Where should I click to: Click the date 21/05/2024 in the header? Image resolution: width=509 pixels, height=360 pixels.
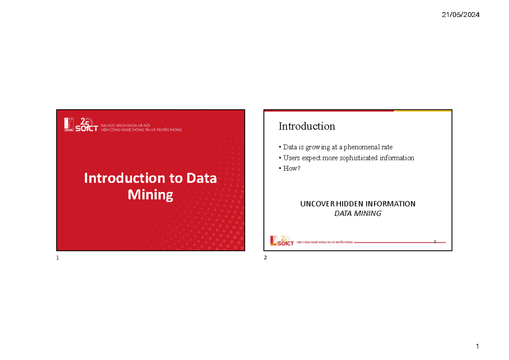[x=461, y=15]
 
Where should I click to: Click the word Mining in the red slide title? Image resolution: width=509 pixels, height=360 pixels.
[x=150, y=195]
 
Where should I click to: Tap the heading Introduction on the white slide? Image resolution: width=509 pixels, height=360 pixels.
[x=307, y=126]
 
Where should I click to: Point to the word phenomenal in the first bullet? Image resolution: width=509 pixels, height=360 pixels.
[x=362, y=147]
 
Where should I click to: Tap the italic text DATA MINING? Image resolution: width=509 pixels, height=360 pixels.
[x=358, y=213]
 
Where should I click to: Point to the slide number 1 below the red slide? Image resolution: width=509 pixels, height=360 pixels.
[x=57, y=259]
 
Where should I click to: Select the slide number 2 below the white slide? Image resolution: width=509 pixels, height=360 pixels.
[x=265, y=259]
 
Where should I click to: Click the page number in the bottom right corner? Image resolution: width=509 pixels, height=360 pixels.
[x=477, y=347]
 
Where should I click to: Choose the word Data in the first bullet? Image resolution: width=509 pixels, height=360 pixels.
[x=290, y=147]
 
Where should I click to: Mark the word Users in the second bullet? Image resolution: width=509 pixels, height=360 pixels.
[x=292, y=158]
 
